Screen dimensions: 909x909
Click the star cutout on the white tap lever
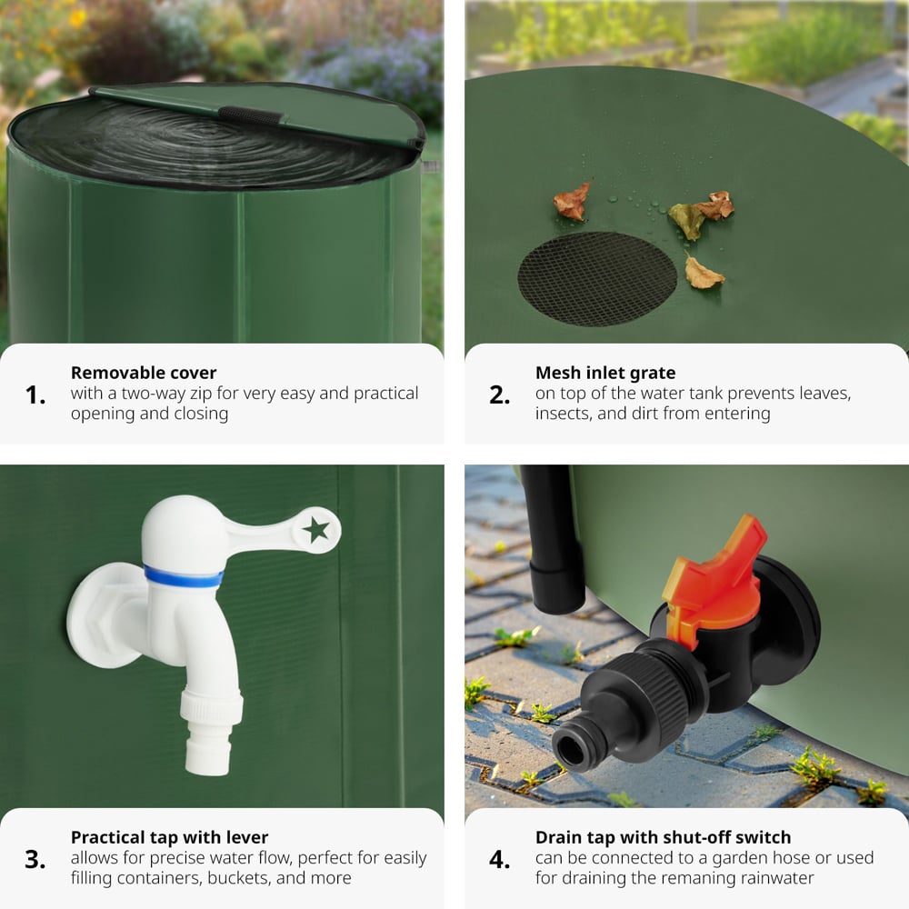coord(316,529)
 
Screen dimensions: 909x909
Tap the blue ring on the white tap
coord(184,576)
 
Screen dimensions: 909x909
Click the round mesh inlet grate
coord(597,279)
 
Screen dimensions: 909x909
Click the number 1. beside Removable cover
coord(35,395)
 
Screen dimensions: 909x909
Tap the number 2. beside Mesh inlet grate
coord(500,395)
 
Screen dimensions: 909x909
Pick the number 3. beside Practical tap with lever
coord(35,860)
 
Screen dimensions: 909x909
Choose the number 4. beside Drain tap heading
coord(500,860)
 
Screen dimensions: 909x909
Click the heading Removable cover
coord(144,373)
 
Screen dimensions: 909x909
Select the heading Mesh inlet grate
coord(605,373)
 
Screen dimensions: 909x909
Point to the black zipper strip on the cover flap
coord(250,115)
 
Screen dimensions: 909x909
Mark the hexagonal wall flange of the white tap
coord(105,615)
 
